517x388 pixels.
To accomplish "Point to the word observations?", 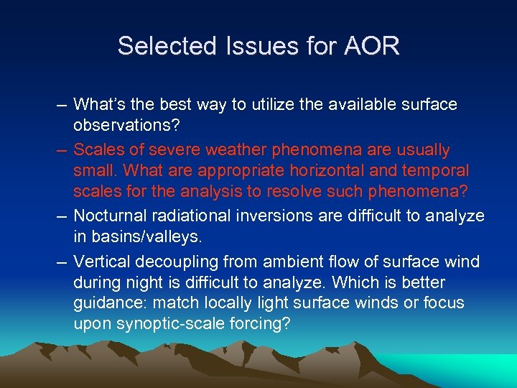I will click(x=123, y=124).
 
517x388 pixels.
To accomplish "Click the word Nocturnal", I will click(x=106, y=216).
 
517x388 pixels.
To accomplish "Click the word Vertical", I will click(x=99, y=262).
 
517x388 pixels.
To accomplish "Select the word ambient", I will click(x=271, y=262).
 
